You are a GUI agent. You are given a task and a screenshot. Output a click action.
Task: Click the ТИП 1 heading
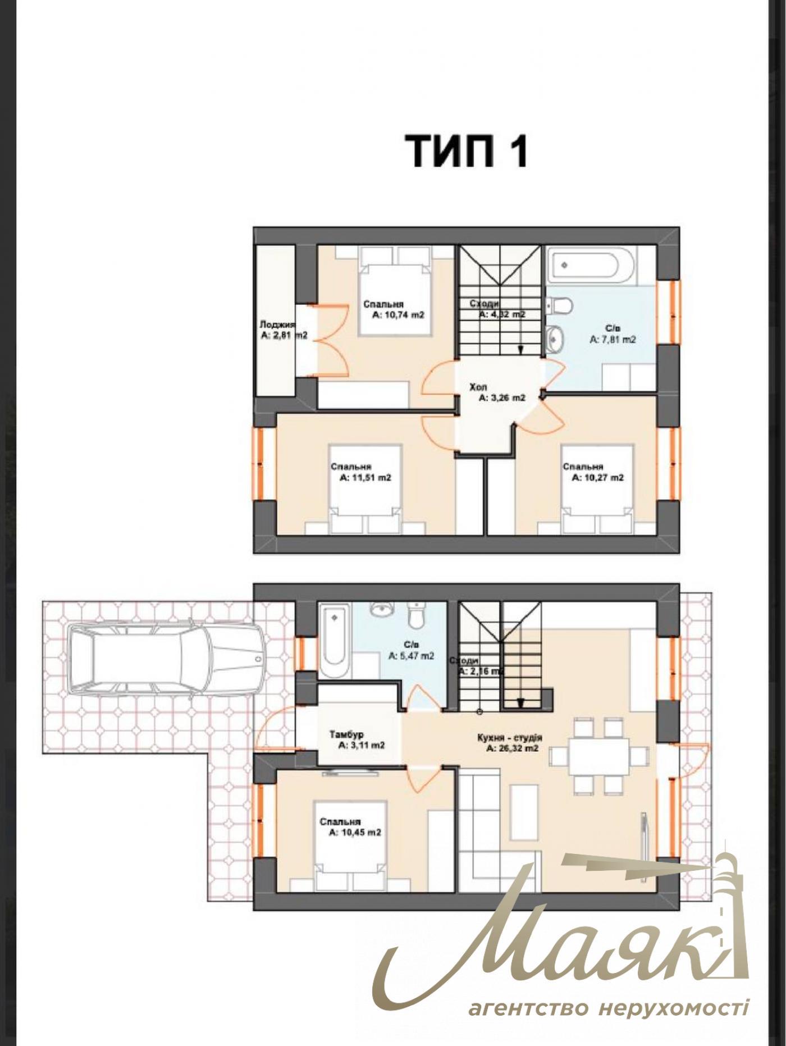(466, 150)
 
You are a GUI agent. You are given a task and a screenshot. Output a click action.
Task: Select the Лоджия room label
(277, 325)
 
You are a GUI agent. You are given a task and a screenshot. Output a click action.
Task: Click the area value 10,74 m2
(398, 315)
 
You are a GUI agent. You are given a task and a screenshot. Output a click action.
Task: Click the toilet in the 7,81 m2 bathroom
(560, 306)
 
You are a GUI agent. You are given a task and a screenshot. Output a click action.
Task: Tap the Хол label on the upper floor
(478, 387)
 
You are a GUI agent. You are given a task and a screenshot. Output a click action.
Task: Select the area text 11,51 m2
(365, 478)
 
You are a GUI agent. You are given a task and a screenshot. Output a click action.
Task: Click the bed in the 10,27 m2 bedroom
(598, 487)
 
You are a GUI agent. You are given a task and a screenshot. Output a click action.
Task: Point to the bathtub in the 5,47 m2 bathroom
(334, 640)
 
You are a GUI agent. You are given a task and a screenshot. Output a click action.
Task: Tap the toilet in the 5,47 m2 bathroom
(416, 615)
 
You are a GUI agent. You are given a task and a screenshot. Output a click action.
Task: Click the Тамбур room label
(346, 734)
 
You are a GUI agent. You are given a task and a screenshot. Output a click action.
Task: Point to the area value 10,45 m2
(355, 833)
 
